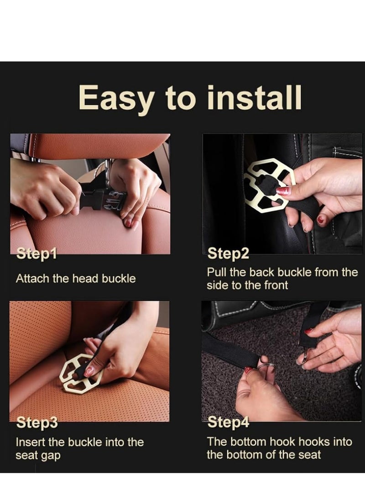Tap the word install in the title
click(254, 97)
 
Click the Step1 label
click(36, 253)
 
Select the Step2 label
click(228, 253)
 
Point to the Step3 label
click(37, 423)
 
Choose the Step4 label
click(228, 422)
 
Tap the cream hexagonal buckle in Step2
click(270, 185)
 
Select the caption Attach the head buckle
click(76, 278)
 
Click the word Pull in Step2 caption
click(217, 272)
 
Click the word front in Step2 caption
click(276, 285)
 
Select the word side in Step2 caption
click(218, 285)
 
